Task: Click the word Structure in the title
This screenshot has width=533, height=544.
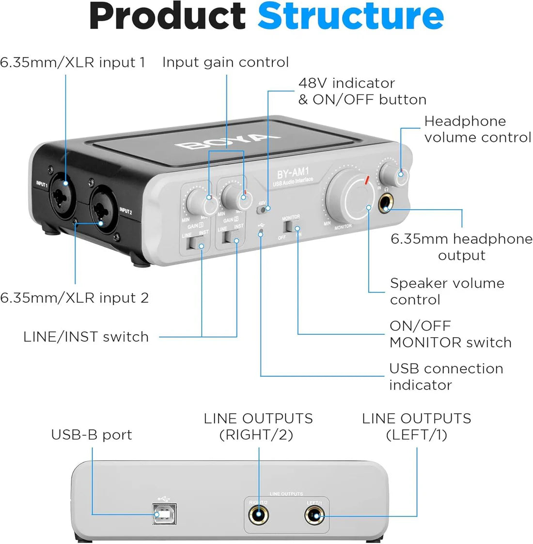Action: [350, 17]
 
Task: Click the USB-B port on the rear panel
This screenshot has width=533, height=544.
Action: [164, 514]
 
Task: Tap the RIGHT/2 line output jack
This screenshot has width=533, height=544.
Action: [258, 515]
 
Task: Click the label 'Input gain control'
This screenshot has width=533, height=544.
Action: [225, 62]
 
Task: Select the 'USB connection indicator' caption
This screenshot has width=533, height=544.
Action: [446, 377]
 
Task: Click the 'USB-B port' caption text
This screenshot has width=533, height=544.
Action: [92, 435]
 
